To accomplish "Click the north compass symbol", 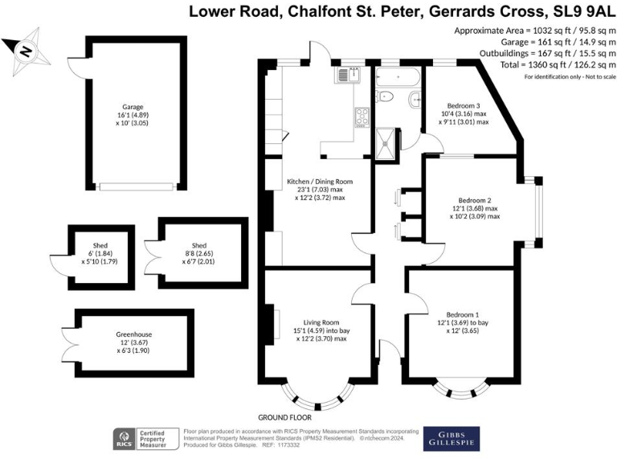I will click(25, 50).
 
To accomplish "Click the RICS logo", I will click(125, 440).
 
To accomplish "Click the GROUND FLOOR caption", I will click(284, 418).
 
